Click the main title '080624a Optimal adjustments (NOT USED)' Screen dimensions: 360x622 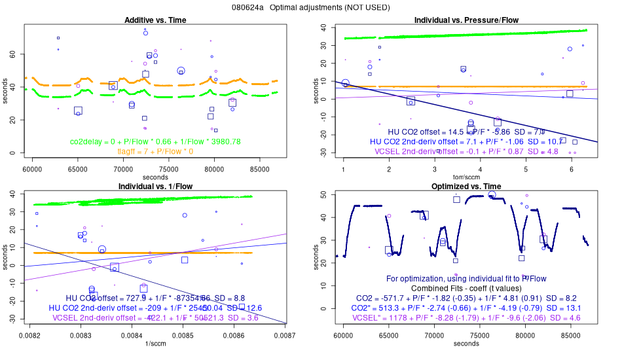pyautogui.click(x=310, y=8)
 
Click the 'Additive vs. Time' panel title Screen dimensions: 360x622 pyautogui.click(x=155, y=20)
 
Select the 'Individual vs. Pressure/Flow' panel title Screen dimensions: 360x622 pyautogui.click(x=466, y=20)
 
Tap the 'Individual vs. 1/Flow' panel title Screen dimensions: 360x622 pyautogui.click(x=155, y=187)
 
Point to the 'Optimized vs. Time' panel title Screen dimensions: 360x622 pyautogui.click(x=466, y=187)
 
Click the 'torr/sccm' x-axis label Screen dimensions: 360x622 pyautogui.click(x=466, y=177)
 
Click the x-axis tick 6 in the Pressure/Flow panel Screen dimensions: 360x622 pyautogui.click(x=572, y=168)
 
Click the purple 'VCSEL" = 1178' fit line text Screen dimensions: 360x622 pyautogui.click(x=466, y=317)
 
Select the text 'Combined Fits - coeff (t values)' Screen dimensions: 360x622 pyautogui.click(x=466, y=288)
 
